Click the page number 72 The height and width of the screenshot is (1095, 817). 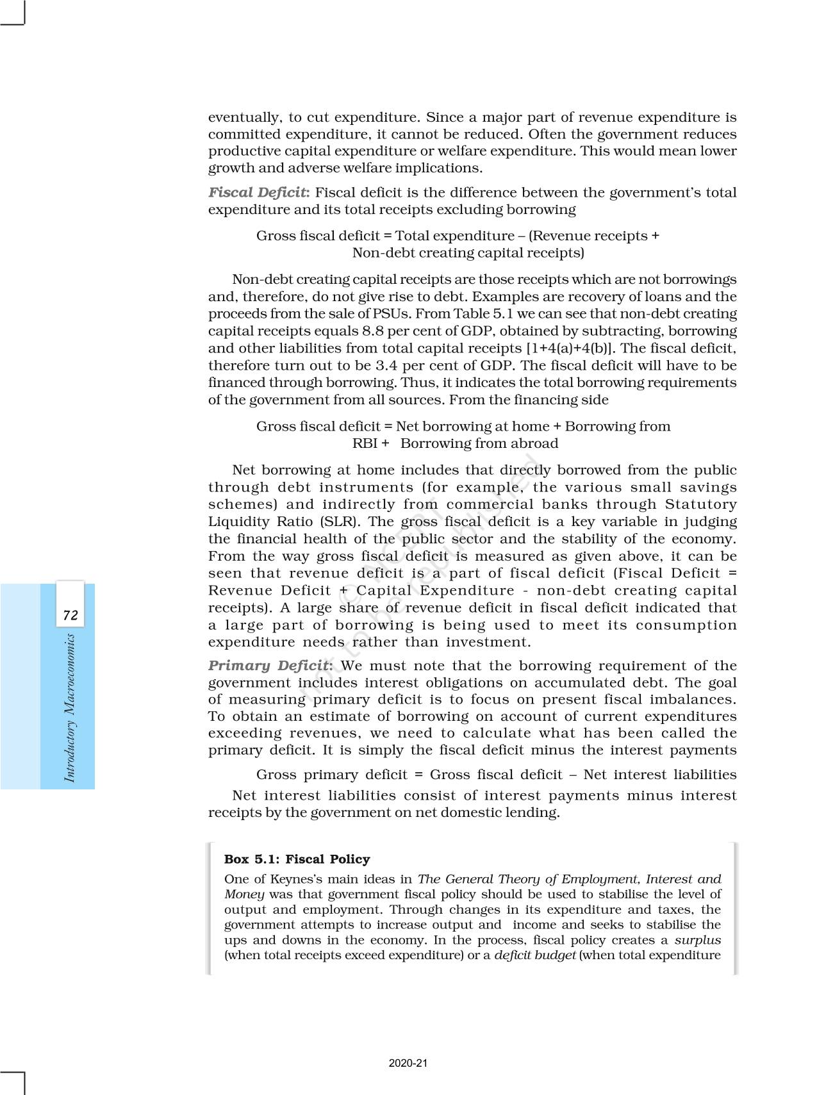[x=70, y=616]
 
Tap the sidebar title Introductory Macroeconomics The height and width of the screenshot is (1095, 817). [x=70, y=707]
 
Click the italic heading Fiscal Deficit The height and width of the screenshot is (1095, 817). [x=259, y=193]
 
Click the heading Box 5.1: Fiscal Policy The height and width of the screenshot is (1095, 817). [x=297, y=859]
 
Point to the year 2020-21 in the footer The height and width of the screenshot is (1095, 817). [x=408, y=1063]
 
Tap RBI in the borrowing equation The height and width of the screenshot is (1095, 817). [x=365, y=443]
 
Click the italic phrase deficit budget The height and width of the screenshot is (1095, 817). [x=534, y=955]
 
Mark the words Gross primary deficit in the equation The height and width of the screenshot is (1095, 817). [x=331, y=775]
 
